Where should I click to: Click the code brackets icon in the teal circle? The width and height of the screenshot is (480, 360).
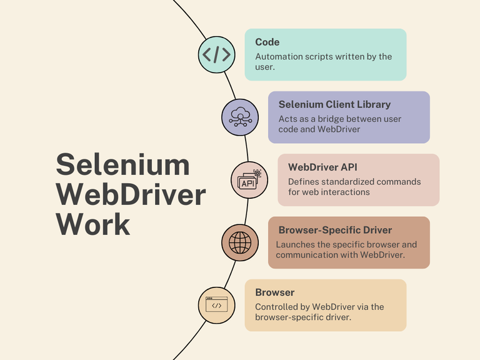pos(217,54)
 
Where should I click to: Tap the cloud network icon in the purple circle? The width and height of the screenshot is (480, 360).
pos(241,117)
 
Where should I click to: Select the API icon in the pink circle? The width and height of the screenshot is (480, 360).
pos(249,179)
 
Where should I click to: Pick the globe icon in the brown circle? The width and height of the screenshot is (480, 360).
pos(241,242)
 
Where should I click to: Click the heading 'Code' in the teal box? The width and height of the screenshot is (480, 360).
pos(267,42)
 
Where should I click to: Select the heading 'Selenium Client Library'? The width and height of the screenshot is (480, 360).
pos(334,104)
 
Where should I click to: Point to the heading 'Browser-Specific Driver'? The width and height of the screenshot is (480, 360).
pos(335,230)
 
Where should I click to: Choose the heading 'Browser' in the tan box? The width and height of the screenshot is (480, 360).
pos(274,292)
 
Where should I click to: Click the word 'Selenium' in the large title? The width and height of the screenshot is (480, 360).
pos(122,164)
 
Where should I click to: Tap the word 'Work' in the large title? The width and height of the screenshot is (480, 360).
pos(93,224)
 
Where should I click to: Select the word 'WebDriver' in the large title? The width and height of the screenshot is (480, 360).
pos(131,194)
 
